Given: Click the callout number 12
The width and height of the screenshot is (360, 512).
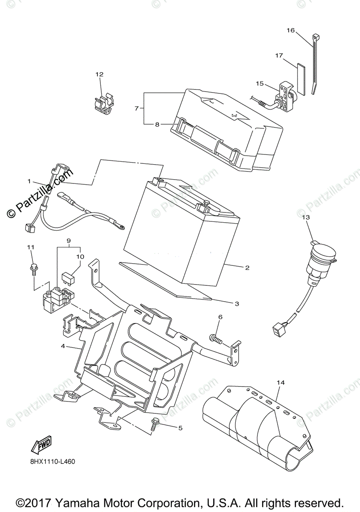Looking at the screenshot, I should [x=100, y=74].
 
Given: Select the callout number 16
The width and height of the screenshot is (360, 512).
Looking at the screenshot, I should [x=290, y=30].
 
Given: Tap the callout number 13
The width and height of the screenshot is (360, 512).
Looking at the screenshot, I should [x=306, y=218].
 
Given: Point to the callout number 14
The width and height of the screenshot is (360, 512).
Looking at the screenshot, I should [x=280, y=383].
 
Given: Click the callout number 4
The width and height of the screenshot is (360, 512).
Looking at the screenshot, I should [x=63, y=346].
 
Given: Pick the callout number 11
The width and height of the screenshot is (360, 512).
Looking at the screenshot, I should [x=30, y=247].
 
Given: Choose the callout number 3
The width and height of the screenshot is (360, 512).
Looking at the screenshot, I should [x=237, y=304].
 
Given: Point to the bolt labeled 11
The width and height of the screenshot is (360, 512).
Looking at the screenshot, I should [x=33, y=268].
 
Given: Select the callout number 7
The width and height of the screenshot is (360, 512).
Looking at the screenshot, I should [x=137, y=108].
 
